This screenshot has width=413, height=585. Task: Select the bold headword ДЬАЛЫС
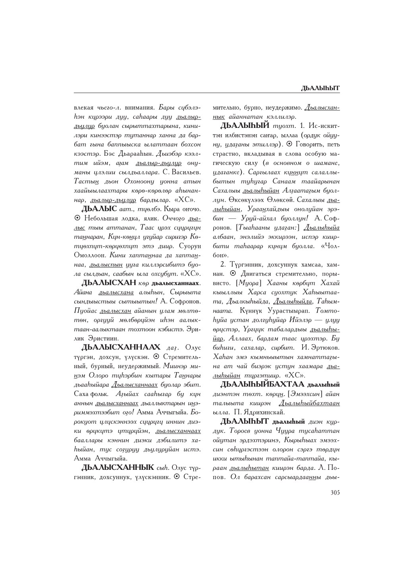coord(98,208)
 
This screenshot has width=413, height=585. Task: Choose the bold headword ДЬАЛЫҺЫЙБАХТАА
coord(262,384)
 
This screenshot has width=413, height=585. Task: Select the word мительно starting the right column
coord(226,107)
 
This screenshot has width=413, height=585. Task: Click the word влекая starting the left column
coord(83,107)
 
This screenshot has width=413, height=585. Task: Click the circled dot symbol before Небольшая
coord(77,218)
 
